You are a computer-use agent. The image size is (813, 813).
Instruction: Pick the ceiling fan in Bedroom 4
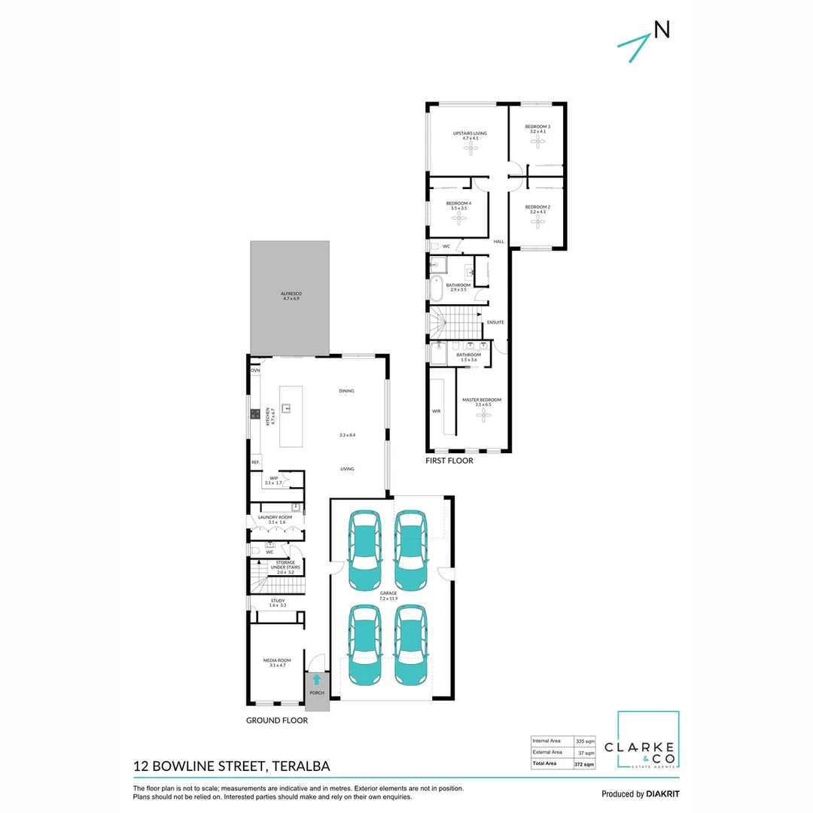(458, 218)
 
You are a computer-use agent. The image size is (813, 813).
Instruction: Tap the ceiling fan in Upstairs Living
(471, 149)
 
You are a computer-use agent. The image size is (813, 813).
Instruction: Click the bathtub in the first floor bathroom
(435, 286)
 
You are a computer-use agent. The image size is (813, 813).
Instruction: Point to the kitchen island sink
(287, 409)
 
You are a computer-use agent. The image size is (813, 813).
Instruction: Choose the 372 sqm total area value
(585, 764)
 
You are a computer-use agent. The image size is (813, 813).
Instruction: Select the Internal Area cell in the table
(547, 740)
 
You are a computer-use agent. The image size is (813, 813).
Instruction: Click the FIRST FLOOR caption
(449, 461)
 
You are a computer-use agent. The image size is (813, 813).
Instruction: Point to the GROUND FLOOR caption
(277, 720)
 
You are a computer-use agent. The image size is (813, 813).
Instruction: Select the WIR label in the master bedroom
(436, 411)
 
